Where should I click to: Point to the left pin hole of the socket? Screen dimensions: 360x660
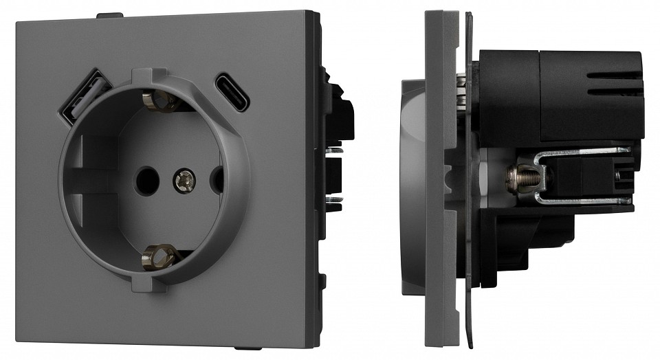pyautogui.click(x=145, y=180)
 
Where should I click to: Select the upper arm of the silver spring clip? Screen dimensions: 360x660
pyautogui.click(x=584, y=152)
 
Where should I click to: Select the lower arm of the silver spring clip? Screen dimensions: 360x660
pyautogui.click(x=584, y=201)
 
